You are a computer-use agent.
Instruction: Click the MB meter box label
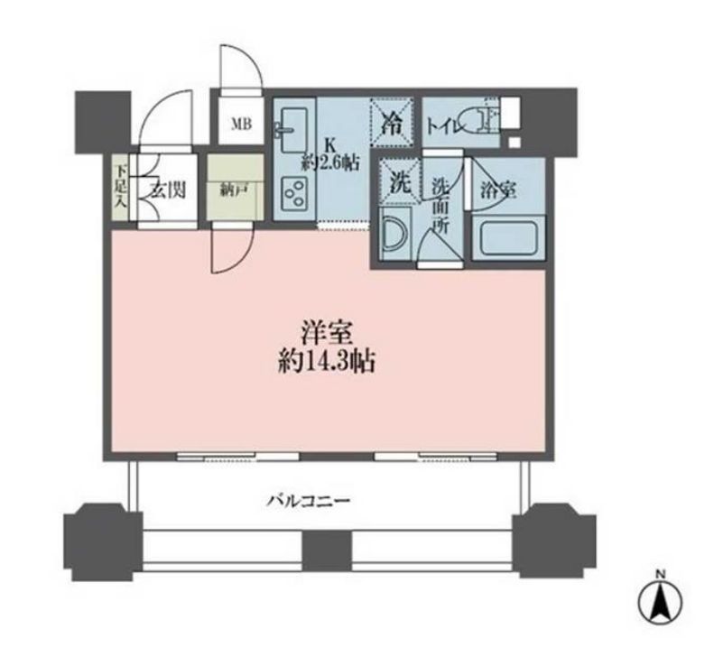pos(241,125)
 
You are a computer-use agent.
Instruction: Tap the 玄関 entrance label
pos(169,190)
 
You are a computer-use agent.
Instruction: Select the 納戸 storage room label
pos(234,191)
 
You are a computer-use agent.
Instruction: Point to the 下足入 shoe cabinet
pos(121,189)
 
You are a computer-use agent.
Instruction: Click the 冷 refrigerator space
pos(392,123)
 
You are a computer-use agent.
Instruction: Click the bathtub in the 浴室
pos(508,237)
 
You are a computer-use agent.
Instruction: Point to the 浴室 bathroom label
pos(498,190)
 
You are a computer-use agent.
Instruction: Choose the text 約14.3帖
pos(327,363)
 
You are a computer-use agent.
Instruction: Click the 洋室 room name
pos(327,334)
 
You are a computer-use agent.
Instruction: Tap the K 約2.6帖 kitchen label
pos(329,155)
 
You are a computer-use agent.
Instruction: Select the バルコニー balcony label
pos(309,502)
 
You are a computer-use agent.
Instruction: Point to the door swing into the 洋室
pos(233,249)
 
